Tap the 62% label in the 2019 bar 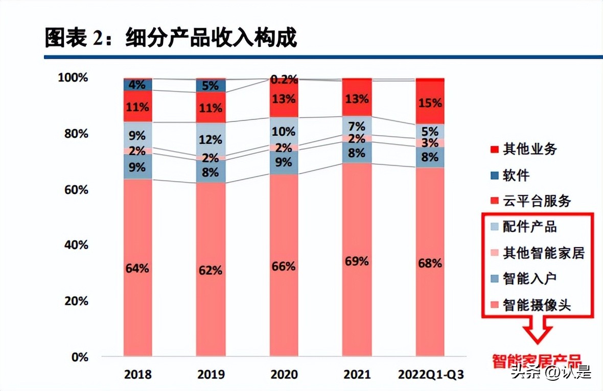coord(211,270)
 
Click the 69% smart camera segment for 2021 coord(357,261)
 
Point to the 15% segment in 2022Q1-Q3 coord(430,104)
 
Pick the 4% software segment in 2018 coord(138,85)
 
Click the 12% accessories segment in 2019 coord(211,139)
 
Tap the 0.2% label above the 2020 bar coord(284,80)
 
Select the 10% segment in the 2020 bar coord(284,131)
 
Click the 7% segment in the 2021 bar coord(357,126)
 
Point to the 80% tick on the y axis coord(74,134)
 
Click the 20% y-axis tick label coord(74,301)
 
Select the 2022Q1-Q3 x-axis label coord(430,375)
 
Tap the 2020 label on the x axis coord(284,375)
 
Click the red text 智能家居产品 coord(537,361)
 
